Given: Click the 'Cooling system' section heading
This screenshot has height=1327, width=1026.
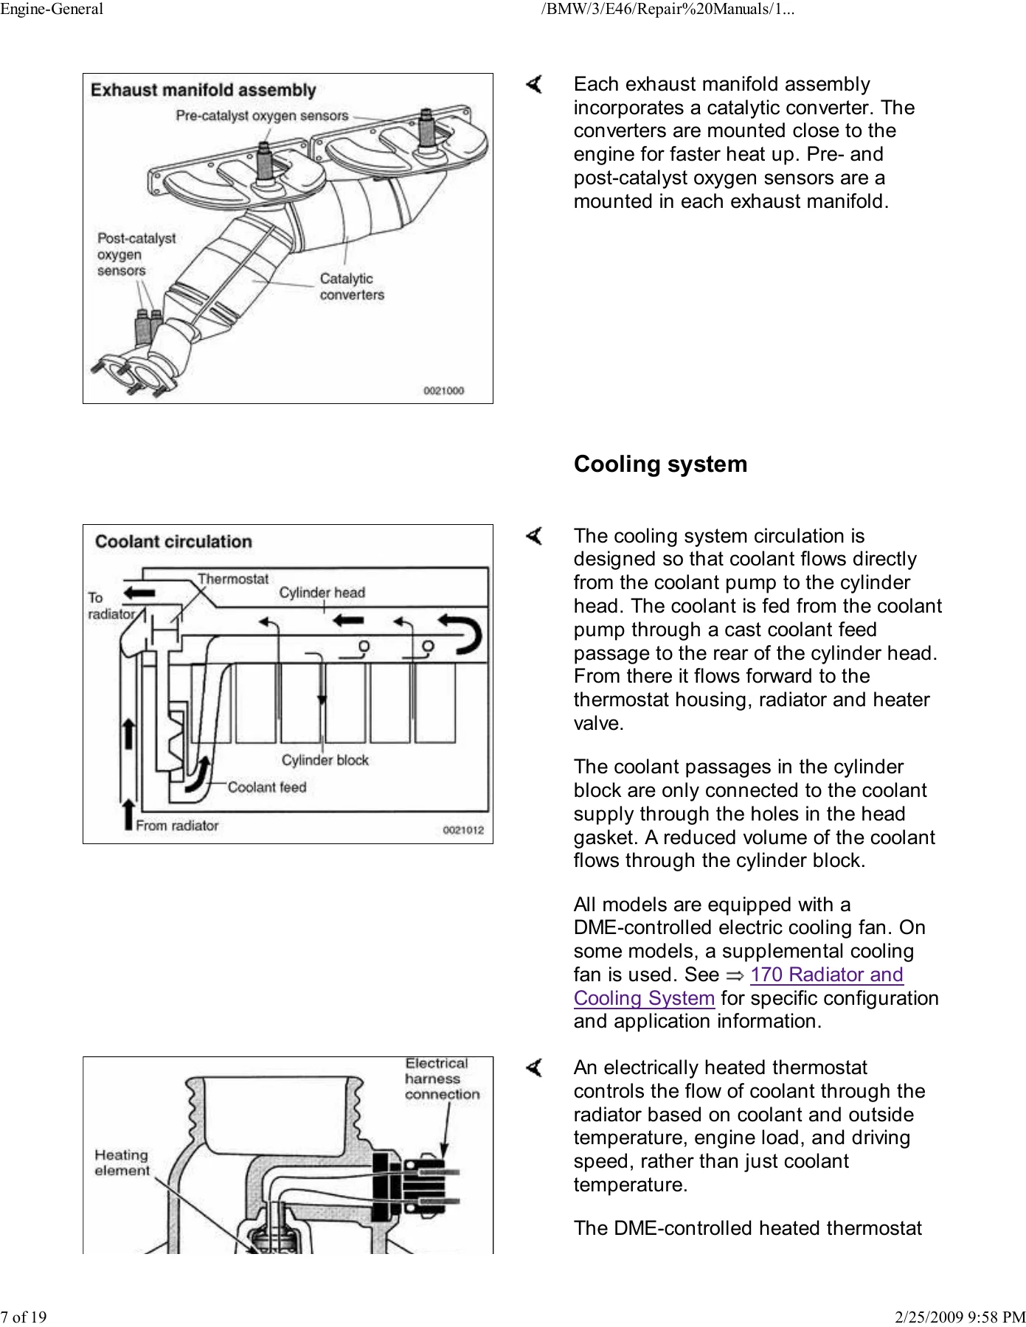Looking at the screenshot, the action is coord(660,464).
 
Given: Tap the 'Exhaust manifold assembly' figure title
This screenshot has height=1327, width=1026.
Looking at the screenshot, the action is coord(204,91).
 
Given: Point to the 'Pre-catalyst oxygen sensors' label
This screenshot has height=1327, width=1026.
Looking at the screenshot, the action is coord(262,116).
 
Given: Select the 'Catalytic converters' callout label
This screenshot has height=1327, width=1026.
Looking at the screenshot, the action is coord(352,287).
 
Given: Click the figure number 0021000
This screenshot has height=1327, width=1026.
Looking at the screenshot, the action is coord(443,391).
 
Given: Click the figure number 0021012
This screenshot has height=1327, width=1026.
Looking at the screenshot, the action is coord(463,830).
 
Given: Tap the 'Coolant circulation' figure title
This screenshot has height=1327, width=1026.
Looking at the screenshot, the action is coord(173,542).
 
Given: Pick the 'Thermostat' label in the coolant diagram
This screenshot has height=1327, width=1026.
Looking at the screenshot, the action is coord(233,579).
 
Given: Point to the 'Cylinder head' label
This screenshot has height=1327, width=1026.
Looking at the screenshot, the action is coord(322,593).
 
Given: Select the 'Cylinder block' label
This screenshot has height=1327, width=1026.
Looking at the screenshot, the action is coord(325,760).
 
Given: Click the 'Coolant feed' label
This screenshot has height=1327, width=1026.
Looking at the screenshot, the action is coord(266,787).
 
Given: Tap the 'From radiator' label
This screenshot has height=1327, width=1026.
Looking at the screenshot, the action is coord(177,826).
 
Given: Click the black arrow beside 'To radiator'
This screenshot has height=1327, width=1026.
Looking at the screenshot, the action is coord(139,592).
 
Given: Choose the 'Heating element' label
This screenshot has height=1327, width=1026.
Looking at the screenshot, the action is coord(122,1163).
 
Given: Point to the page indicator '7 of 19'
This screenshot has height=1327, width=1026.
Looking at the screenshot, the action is coord(24,1317).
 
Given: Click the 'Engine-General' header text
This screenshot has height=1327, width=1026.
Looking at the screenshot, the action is coord(52,10).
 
